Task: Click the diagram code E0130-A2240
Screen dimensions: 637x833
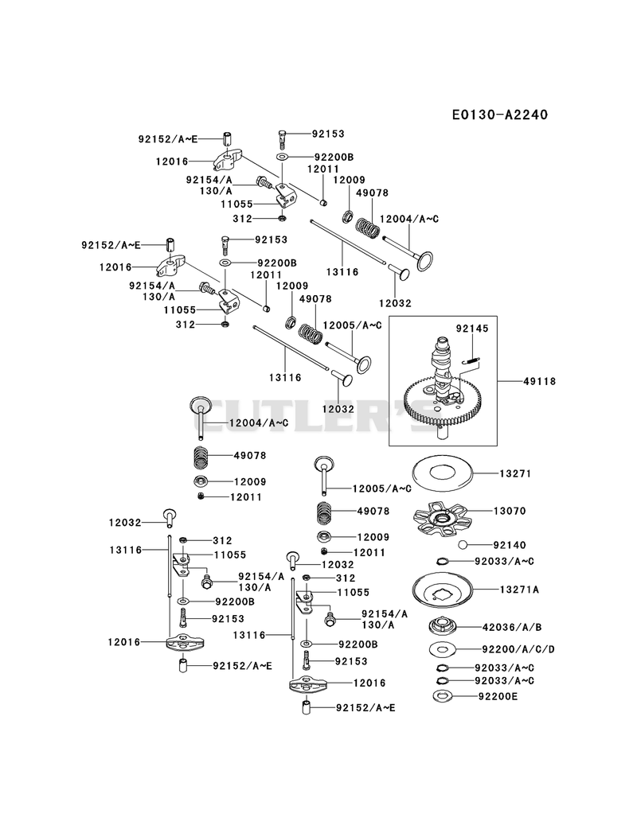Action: tap(500, 115)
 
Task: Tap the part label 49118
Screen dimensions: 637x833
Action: tap(539, 381)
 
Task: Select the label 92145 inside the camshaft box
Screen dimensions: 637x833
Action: tap(471, 329)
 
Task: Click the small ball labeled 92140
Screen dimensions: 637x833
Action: tap(463, 544)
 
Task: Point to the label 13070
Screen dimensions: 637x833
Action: tap(510, 511)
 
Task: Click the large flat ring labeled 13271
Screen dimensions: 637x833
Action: tap(443, 473)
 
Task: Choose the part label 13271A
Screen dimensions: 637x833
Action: tap(519, 590)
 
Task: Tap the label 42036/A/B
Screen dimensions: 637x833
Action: tap(511, 628)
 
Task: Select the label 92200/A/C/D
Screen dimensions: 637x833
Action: tap(518, 649)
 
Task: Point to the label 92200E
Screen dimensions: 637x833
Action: tap(498, 696)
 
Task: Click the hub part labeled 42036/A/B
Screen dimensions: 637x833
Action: tap(443, 626)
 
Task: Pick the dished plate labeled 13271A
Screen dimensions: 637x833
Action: tap(443, 590)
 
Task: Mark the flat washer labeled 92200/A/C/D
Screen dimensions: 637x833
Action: tap(443, 649)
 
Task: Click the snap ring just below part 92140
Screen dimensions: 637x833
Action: tap(443, 561)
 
